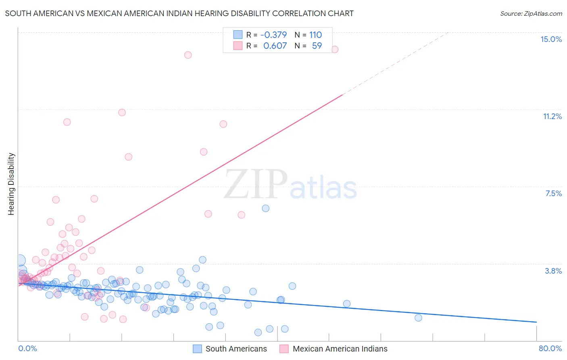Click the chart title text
pyautogui.click(x=179, y=13)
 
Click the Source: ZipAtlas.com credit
pyautogui.click(x=531, y=13)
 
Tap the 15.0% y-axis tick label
pyautogui.click(x=551, y=39)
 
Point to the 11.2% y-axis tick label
pyautogui.click(x=552, y=116)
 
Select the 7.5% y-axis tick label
pyautogui.click(x=553, y=193)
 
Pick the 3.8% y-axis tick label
pyautogui.click(x=553, y=271)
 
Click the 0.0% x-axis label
pyautogui.click(x=27, y=348)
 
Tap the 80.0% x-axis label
pyautogui.click(x=550, y=348)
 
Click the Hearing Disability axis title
pyautogui.click(x=11, y=184)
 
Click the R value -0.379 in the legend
pyautogui.click(x=273, y=35)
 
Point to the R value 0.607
pyautogui.click(x=275, y=46)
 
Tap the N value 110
pyautogui.click(x=315, y=35)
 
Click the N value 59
pyautogui.click(x=317, y=46)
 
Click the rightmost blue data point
pyautogui.click(x=418, y=318)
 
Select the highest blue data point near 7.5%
pyautogui.click(x=265, y=208)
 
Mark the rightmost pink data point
pyautogui.click(x=334, y=49)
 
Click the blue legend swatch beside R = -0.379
pyautogui.click(x=238, y=35)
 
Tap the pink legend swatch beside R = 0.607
pyautogui.click(x=238, y=46)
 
